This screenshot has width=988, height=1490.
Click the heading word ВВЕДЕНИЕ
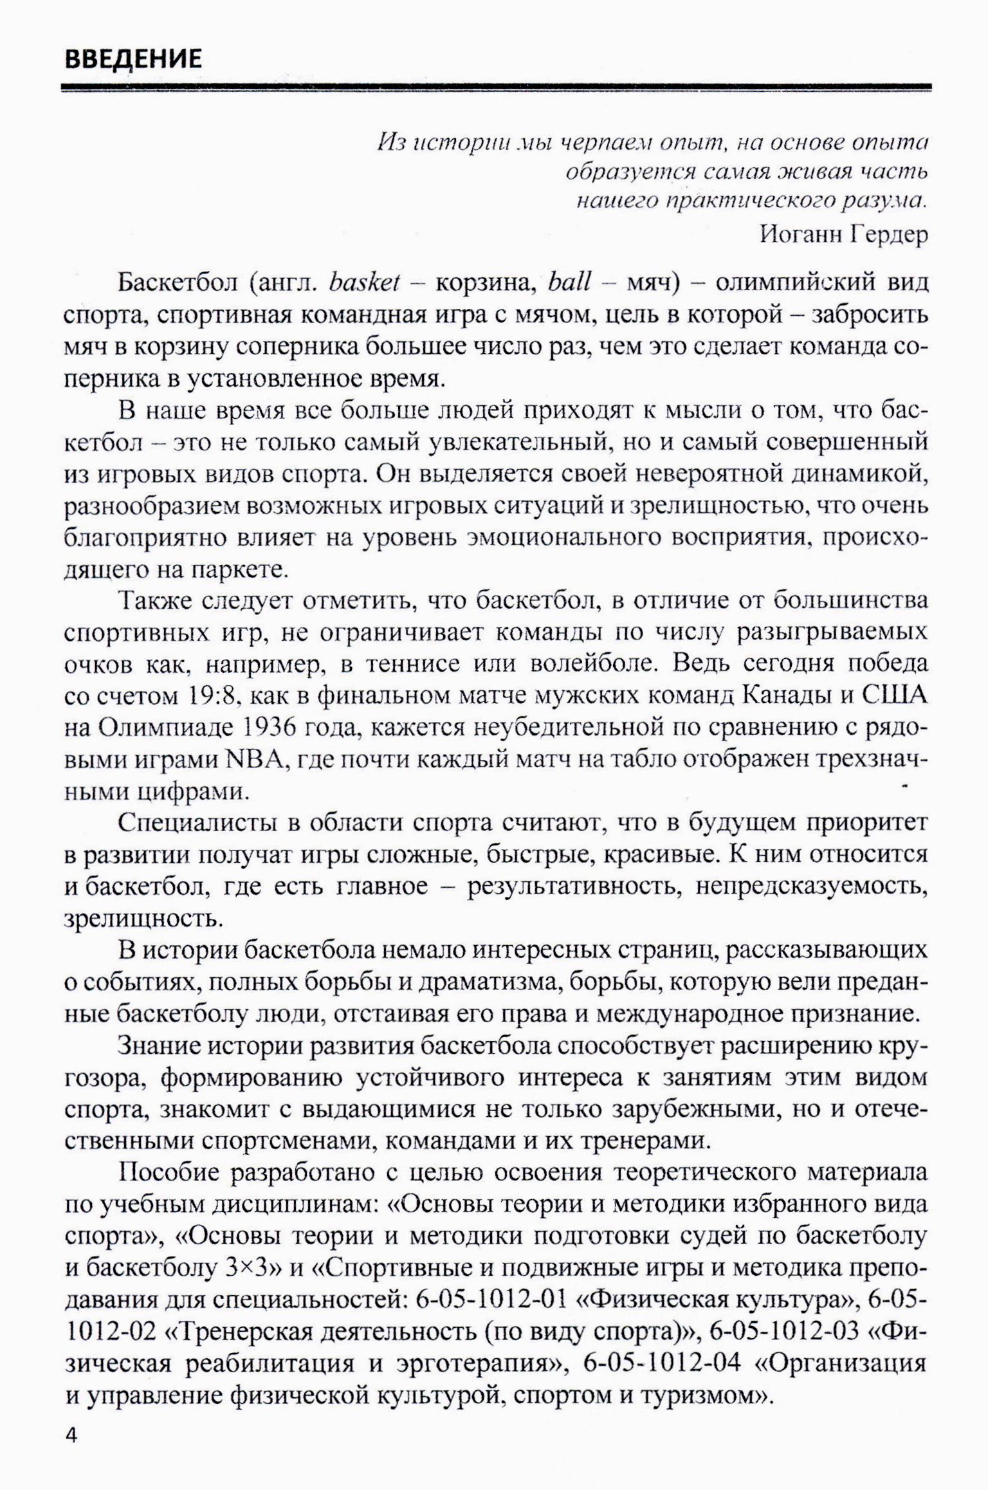(x=134, y=59)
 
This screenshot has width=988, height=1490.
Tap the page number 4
(x=72, y=1436)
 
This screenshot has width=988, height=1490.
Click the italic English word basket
(x=364, y=283)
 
